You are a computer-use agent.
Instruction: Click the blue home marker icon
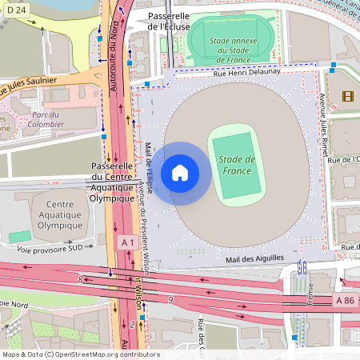(180, 172)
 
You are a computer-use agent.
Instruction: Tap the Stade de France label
(237, 165)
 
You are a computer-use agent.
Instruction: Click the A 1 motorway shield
(127, 242)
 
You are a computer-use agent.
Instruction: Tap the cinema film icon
(346, 97)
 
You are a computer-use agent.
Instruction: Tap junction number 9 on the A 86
(171, 299)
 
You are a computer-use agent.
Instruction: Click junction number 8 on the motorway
(80, 278)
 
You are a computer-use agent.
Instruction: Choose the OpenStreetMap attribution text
(80, 354)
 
